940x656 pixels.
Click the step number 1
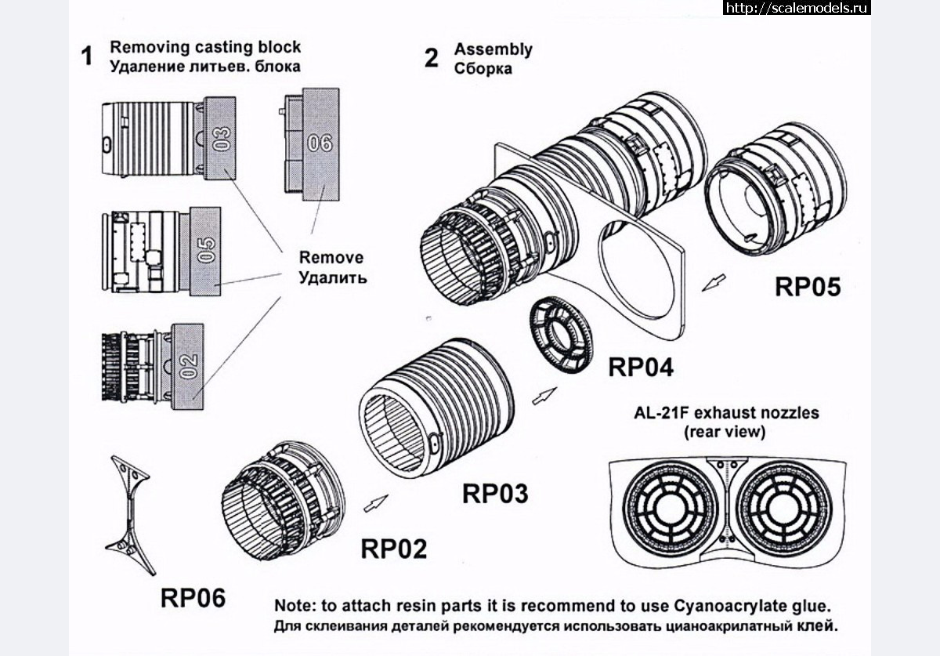(x=88, y=56)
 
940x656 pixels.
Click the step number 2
(x=432, y=58)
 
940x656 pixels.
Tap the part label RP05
(x=808, y=287)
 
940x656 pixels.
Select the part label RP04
(x=640, y=365)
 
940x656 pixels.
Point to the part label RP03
(x=495, y=494)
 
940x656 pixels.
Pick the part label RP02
(x=394, y=549)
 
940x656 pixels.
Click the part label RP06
(x=193, y=597)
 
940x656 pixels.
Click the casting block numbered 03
(x=222, y=139)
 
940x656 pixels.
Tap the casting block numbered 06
(x=320, y=143)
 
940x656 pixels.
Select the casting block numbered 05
(x=205, y=250)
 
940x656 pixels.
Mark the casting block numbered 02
(x=188, y=366)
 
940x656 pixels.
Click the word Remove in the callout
(x=331, y=258)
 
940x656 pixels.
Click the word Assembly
(x=493, y=49)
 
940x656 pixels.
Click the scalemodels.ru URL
(x=797, y=8)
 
